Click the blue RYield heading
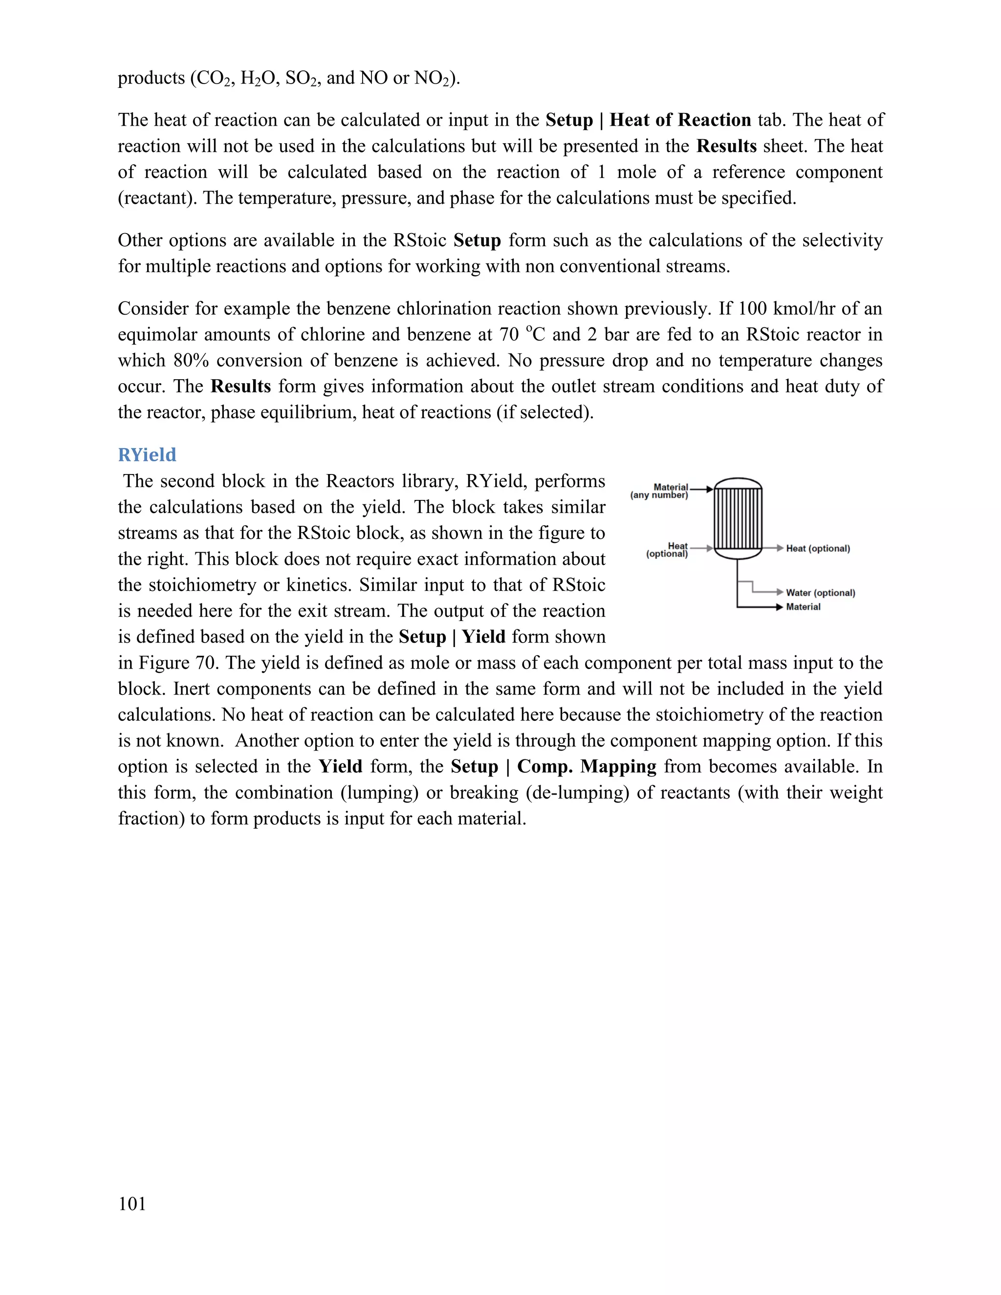pos(147,455)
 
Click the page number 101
pos(131,1204)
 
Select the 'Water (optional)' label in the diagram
pos(820,593)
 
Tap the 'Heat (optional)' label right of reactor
pos(818,548)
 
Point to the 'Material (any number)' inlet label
pos(660,491)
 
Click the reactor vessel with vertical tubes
pos(738,519)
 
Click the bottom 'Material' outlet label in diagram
pos(803,606)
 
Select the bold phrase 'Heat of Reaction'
pos(680,120)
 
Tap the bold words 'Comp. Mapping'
pos(587,767)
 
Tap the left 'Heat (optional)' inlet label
pos(668,550)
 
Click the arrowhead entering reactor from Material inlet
pos(710,489)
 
